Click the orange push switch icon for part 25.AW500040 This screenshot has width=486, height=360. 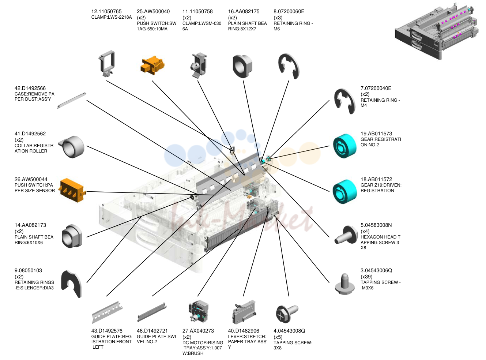click(152, 65)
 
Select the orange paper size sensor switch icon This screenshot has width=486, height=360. click(72, 190)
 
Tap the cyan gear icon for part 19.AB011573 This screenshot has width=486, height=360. click(344, 146)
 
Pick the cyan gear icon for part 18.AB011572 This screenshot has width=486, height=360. click(344, 192)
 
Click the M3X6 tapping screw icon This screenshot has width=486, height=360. click(345, 284)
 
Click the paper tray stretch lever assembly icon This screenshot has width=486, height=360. click(244, 312)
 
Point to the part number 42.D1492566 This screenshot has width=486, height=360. click(30, 89)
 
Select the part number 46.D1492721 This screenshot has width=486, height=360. click(152, 331)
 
